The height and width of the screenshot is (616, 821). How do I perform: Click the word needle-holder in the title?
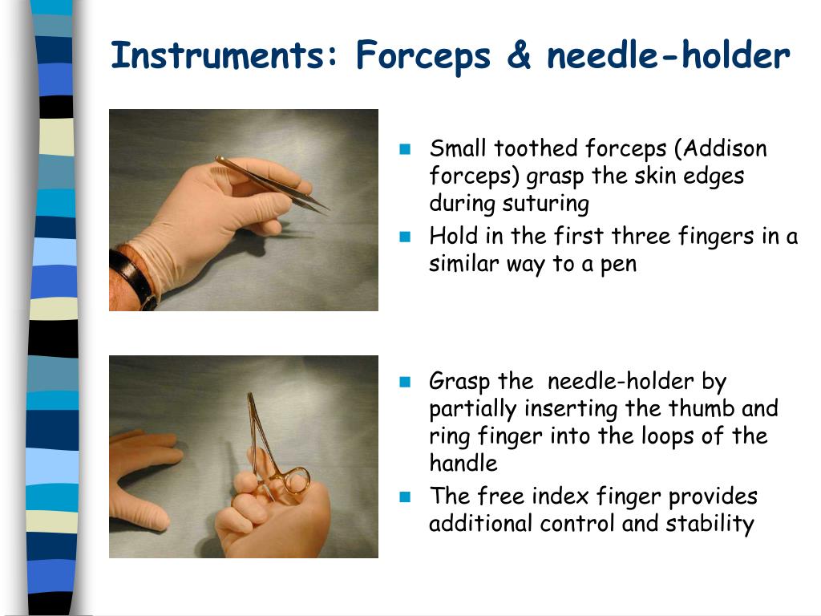(x=669, y=56)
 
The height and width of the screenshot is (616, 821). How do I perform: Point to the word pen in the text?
(x=618, y=264)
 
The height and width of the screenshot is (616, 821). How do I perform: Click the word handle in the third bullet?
(x=463, y=463)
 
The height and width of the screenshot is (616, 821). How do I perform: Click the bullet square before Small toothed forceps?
(x=405, y=149)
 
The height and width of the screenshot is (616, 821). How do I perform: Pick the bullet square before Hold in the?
(x=405, y=237)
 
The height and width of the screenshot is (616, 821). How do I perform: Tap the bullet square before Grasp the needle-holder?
(x=405, y=381)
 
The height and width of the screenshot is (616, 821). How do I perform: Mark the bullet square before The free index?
(x=405, y=496)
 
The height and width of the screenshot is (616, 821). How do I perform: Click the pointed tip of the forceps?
(x=326, y=212)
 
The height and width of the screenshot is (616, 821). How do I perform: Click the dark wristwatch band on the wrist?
(x=132, y=277)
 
